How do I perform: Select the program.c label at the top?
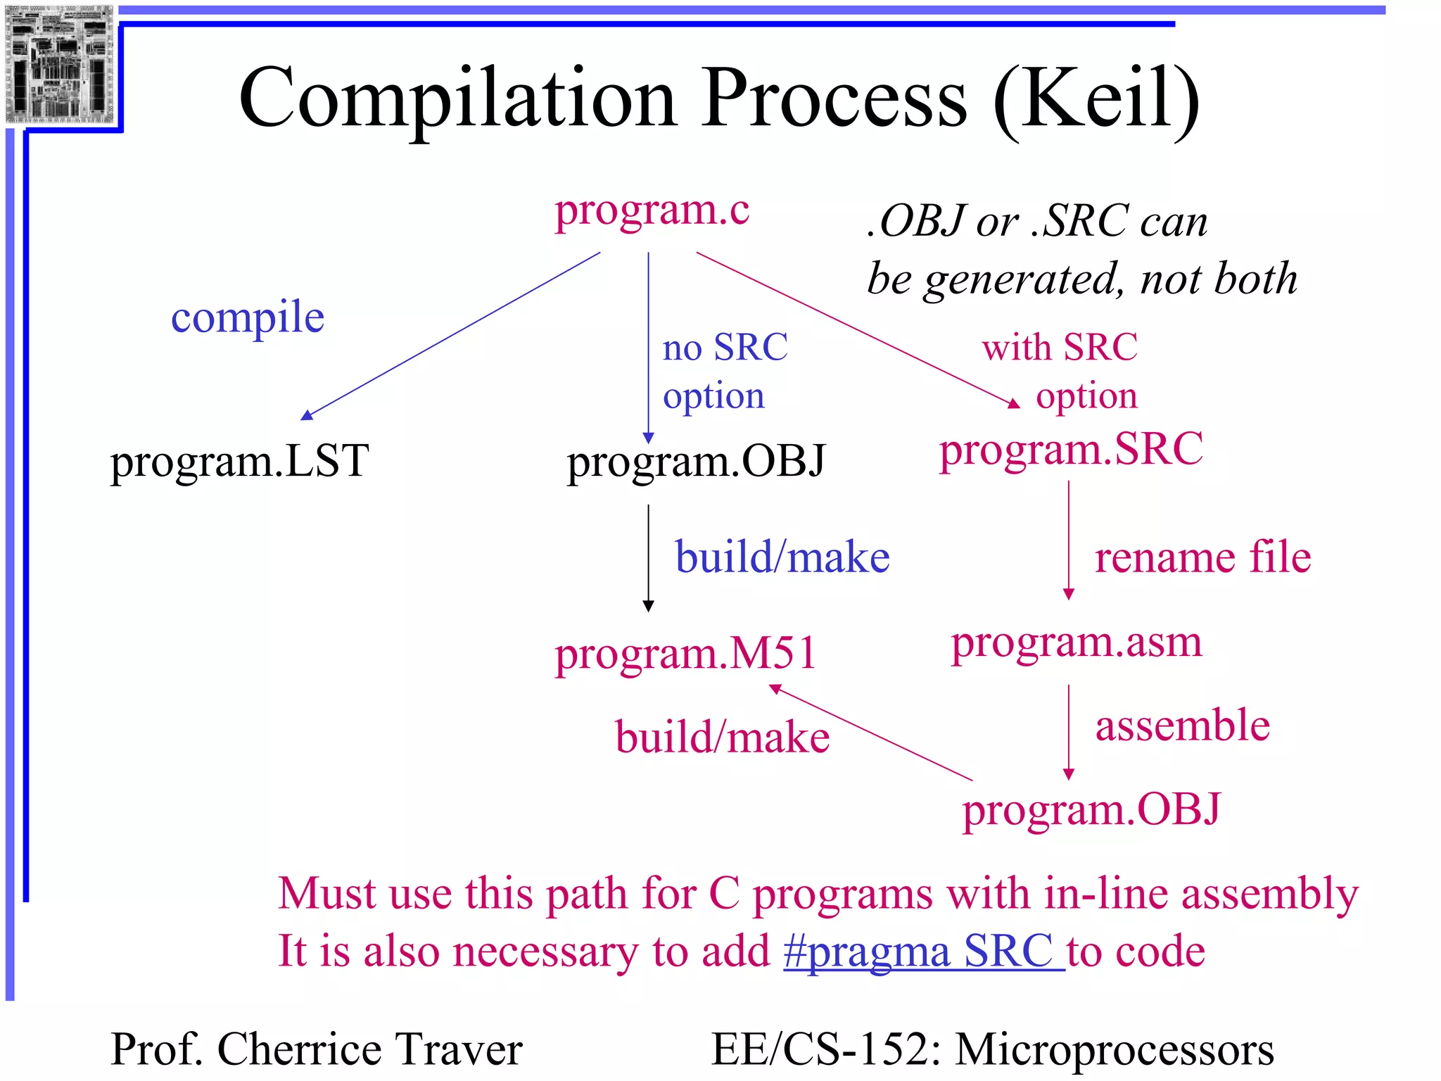652,210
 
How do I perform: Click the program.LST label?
239,461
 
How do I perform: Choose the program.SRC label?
1071,450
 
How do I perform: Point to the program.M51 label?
685,654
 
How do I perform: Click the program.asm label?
1077,643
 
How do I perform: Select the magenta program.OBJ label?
1091,810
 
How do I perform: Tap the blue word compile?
248,317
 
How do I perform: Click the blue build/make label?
782,557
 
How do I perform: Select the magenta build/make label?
723,738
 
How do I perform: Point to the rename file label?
1202,557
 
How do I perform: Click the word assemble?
1183,726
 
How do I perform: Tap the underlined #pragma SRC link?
924,952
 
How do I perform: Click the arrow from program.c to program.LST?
450,336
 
